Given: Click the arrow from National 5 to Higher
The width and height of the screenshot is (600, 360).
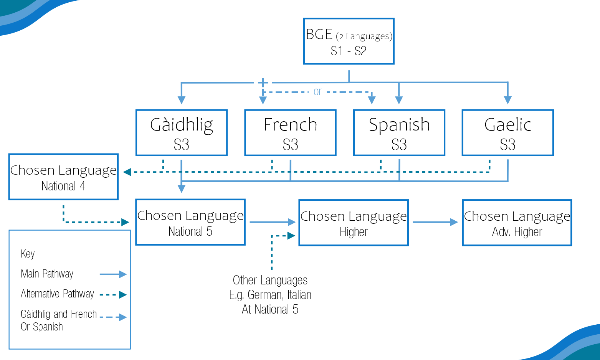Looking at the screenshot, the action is [x=273, y=222].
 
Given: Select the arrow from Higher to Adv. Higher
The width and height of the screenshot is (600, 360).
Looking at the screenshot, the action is [x=436, y=222].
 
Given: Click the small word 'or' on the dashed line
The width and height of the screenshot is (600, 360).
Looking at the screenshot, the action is [x=317, y=92].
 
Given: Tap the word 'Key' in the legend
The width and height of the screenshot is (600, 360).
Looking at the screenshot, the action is [x=28, y=254].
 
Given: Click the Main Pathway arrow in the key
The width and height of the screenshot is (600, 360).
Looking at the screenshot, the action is [x=113, y=274].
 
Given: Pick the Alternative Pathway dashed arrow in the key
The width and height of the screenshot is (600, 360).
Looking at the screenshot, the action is [x=113, y=295].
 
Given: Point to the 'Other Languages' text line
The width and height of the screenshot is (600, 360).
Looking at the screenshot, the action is [x=270, y=280].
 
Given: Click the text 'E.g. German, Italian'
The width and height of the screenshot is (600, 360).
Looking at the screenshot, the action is [x=270, y=295].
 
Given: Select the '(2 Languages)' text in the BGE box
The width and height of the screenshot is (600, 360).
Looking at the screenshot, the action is [x=364, y=36].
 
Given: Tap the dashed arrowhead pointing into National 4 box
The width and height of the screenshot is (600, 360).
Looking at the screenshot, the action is [x=127, y=172].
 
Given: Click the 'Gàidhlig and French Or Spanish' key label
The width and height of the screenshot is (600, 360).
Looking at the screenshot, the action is [x=59, y=320].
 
